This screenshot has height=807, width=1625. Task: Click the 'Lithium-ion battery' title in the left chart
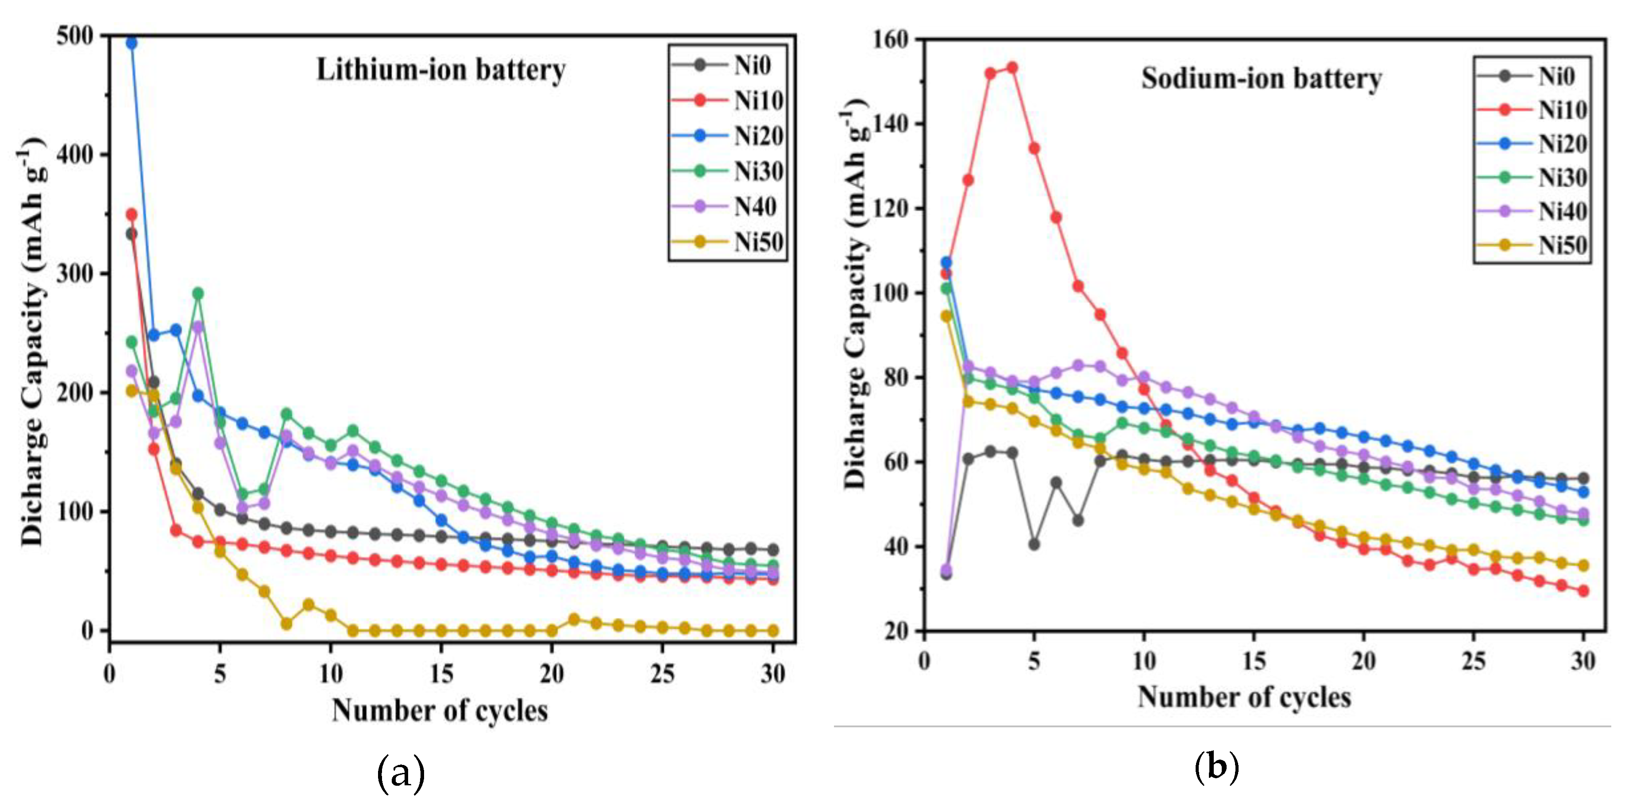click(x=440, y=70)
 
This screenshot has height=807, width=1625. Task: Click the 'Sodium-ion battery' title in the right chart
click(x=1262, y=79)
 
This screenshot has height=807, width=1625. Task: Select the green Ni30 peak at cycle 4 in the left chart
click(x=198, y=293)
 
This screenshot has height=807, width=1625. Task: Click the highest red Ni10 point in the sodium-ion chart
click(x=1012, y=67)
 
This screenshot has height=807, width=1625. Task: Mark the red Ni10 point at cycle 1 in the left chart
click(x=131, y=214)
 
